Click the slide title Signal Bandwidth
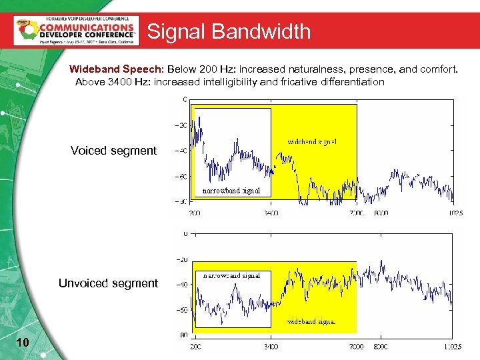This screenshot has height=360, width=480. coord(229,31)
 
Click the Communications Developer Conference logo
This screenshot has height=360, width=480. coord(76,30)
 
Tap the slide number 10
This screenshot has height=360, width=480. coord(22,342)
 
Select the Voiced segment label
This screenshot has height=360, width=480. coord(113,151)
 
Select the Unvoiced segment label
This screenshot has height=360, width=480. coord(108,283)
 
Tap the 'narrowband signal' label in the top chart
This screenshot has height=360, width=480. coord(231,191)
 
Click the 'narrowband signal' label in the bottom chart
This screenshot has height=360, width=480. coord(231,275)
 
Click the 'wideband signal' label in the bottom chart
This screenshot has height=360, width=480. coord(311,321)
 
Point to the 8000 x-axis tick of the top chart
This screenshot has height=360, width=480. coord(381,213)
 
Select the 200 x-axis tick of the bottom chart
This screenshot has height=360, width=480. coord(194,347)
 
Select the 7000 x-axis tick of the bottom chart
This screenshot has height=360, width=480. coord(356,347)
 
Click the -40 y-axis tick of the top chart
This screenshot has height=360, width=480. coord(180,151)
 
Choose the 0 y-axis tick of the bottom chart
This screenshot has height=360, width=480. coord(185,233)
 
